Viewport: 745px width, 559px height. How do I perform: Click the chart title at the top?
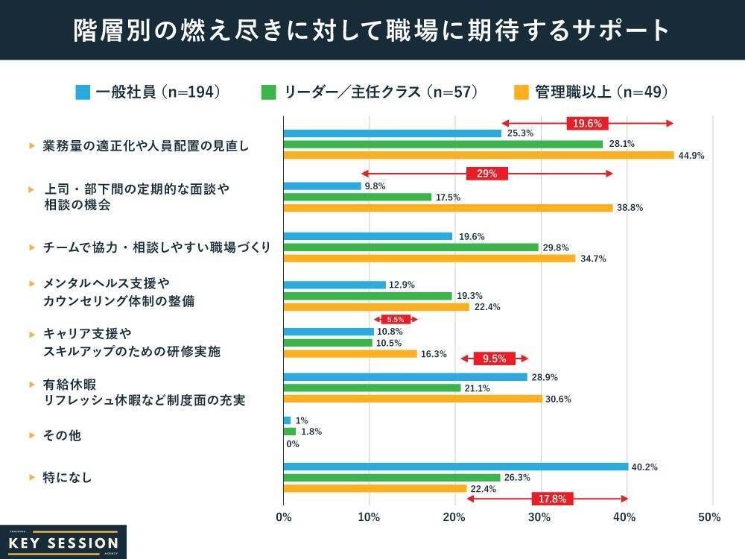pyautogui.click(x=372, y=30)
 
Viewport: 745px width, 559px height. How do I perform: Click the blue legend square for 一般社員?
pyautogui.click(x=83, y=92)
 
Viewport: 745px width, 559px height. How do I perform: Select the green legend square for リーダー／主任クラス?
pyautogui.click(x=269, y=92)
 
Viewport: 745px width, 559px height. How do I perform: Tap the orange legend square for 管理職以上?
pyautogui.click(x=521, y=92)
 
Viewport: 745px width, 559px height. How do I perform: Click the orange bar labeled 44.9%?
pyautogui.click(x=478, y=155)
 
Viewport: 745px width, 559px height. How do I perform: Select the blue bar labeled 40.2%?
pyautogui.click(x=455, y=467)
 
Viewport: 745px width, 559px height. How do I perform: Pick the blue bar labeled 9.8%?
pyautogui.click(x=322, y=186)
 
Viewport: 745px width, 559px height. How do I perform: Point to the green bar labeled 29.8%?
pyautogui.click(x=410, y=247)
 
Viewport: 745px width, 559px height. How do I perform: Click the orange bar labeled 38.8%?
pyautogui.click(x=448, y=208)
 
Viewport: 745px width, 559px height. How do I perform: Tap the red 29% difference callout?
pyautogui.click(x=486, y=174)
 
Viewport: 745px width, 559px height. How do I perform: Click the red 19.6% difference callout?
pyautogui.click(x=587, y=123)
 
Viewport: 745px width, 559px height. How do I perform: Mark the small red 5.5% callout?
pyautogui.click(x=395, y=319)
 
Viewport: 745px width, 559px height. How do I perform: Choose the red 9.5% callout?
pyautogui.click(x=494, y=359)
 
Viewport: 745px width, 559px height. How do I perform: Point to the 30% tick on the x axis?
pyautogui.click(x=540, y=517)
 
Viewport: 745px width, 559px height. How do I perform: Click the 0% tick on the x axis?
pyautogui.click(x=283, y=517)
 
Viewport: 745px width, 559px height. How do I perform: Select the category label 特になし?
pyautogui.click(x=67, y=477)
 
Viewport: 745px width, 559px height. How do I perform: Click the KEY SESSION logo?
pyautogui.click(x=63, y=543)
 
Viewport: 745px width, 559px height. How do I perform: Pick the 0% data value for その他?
pyautogui.click(x=293, y=444)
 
